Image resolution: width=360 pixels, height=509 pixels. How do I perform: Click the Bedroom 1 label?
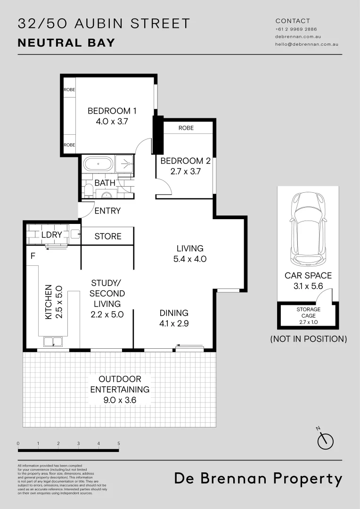(112, 111)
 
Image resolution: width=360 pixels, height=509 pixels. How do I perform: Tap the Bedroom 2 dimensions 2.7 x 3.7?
(185, 172)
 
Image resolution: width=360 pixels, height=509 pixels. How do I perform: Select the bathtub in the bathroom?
(98, 164)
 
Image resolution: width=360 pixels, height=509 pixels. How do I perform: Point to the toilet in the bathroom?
(88, 190)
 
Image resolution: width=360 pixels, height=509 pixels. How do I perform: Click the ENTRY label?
(107, 211)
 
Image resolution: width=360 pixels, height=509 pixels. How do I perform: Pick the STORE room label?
(108, 236)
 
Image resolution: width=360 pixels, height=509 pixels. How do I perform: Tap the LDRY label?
(52, 234)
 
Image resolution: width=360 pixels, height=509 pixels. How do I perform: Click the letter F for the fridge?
(33, 257)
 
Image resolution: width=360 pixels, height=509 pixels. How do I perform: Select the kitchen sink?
(53, 341)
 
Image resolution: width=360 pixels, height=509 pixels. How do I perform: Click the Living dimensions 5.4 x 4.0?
(190, 259)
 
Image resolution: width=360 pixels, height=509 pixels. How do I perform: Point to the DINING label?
(174, 313)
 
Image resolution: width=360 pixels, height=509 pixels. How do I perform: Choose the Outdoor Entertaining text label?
(120, 384)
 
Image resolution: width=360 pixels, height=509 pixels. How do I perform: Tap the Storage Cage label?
(308, 312)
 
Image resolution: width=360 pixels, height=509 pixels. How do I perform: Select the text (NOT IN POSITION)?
(308, 338)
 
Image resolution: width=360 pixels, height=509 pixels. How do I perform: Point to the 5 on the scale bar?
(119, 443)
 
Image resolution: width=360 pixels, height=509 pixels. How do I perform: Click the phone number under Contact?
(296, 29)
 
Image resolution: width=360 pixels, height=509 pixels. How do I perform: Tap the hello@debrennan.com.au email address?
(307, 44)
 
